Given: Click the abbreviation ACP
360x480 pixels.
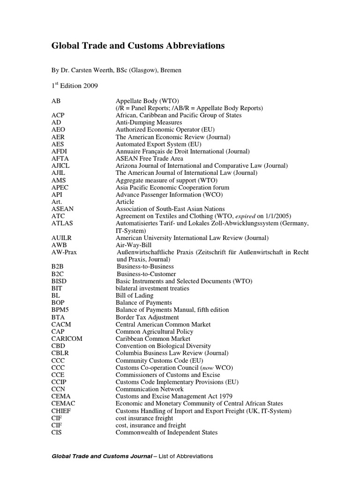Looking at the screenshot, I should (x=58, y=115).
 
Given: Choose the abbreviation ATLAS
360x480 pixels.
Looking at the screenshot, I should (x=62, y=223).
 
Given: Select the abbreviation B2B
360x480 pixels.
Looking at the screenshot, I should (x=58, y=266).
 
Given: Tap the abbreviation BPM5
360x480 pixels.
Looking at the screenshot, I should (x=60, y=310).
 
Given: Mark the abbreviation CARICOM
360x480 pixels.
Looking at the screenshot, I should (x=67, y=338).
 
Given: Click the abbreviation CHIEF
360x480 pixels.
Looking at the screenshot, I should (x=61, y=411).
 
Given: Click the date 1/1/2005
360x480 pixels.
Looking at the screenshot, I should (x=275, y=216).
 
